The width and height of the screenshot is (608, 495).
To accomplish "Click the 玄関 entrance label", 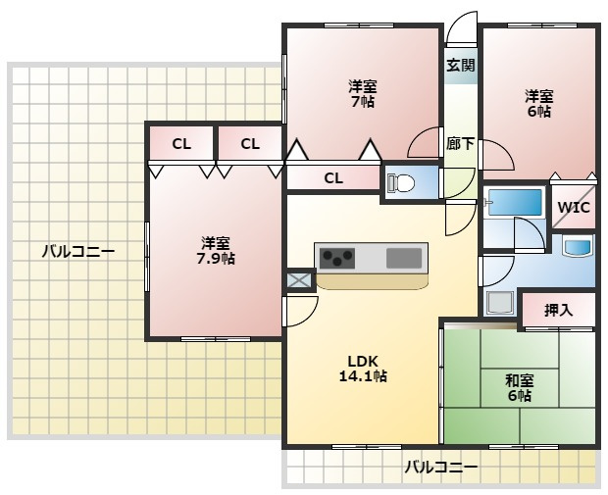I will tap(461, 67).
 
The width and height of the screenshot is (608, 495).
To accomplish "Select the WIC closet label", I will tap(573, 208).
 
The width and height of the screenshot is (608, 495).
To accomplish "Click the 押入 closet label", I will tap(558, 311).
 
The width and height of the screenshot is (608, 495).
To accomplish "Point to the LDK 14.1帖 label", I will tap(362, 368).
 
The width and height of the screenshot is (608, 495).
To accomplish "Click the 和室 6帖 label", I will tap(519, 387).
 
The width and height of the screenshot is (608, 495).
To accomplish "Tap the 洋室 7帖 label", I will tap(362, 92).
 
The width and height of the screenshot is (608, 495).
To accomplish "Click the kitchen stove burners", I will tap(337, 259).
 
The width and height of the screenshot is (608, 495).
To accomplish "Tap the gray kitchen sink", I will tap(404, 259).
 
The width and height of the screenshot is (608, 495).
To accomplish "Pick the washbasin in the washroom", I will tap(577, 246).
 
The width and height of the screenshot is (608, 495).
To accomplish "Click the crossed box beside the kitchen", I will tap(298, 281).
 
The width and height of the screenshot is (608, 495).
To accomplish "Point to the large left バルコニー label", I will tap(77, 252).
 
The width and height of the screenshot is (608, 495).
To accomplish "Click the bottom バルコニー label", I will tap(441, 468).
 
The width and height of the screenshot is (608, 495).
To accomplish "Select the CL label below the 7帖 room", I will tap(333, 177).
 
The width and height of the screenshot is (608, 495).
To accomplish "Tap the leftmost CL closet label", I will tap(181, 144).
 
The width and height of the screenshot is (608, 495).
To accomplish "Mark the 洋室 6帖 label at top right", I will tap(538, 104).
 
